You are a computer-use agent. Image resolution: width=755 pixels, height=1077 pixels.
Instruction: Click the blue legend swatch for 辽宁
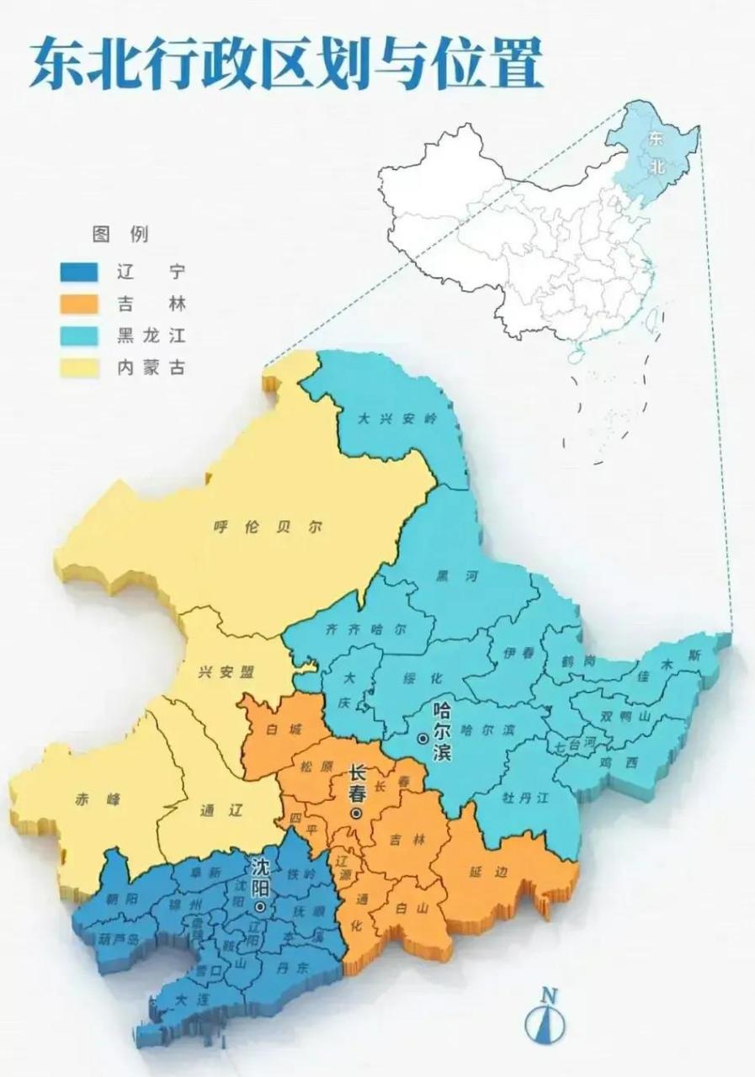[x=81, y=273]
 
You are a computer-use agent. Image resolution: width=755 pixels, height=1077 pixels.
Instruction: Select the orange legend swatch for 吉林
[x=81, y=304]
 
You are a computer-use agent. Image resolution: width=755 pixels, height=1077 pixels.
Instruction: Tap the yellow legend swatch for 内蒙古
[x=81, y=368]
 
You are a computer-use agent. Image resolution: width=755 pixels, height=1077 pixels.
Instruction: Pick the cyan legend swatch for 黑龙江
[x=81, y=336]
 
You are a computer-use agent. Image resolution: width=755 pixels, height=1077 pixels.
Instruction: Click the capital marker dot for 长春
[x=357, y=814]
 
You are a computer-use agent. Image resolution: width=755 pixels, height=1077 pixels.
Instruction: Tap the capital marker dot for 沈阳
[x=261, y=908]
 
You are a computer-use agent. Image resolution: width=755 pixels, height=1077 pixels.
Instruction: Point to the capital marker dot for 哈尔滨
[x=422, y=738]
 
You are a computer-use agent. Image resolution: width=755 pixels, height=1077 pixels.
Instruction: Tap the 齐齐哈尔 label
[x=367, y=631]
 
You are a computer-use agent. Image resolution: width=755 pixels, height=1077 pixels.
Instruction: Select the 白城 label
[x=279, y=729]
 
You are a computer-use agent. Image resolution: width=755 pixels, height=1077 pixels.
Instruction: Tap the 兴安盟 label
[x=230, y=672]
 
